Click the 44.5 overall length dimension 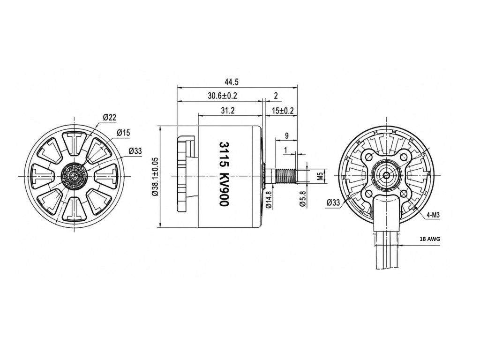coord(232,82)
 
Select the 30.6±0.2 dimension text coord(223,96)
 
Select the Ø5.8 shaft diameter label coord(303,199)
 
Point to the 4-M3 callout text coord(433,216)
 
